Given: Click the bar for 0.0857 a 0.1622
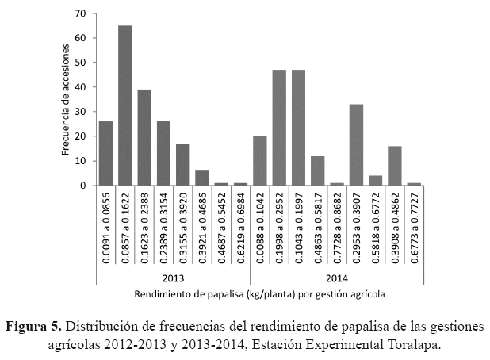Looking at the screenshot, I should [x=125, y=105].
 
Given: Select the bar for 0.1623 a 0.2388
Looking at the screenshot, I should [x=144, y=137].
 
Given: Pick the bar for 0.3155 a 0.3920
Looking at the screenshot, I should [x=182, y=164].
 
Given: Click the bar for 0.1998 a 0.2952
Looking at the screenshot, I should [x=279, y=128].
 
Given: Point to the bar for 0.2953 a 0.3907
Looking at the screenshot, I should [x=356, y=145].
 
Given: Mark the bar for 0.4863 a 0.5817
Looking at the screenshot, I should [x=317, y=170].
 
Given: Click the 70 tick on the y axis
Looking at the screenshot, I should [x=81, y=13].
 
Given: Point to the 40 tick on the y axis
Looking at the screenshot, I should [x=81, y=87].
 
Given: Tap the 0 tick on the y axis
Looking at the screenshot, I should [x=83, y=186].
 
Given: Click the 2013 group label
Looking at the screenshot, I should [x=173, y=278].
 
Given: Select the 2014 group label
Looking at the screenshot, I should [x=337, y=278].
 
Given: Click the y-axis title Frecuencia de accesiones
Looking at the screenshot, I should [x=67, y=98].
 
